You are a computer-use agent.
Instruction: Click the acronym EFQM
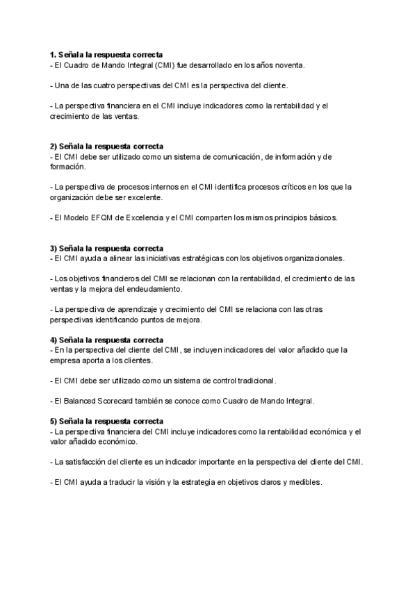click(x=99, y=217)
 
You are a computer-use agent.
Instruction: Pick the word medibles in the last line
click(x=306, y=482)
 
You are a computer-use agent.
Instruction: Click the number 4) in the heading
click(x=54, y=340)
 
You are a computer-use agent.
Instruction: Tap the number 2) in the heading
click(x=54, y=147)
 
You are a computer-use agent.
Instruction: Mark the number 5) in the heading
click(x=54, y=422)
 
